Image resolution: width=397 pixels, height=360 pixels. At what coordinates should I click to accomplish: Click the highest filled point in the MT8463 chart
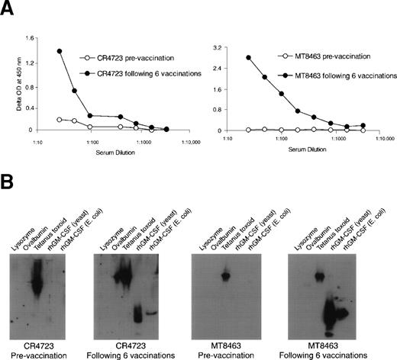tap(249, 57)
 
